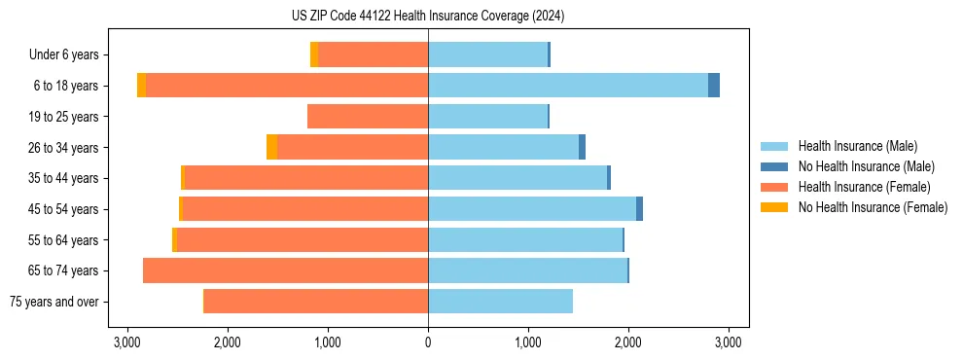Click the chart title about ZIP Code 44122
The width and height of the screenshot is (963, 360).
point(427,17)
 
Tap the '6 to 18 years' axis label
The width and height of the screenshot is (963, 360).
point(65,86)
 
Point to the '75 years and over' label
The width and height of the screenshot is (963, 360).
point(54,302)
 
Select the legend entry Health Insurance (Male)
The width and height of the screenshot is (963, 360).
point(857,146)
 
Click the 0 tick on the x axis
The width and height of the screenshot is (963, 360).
point(428,342)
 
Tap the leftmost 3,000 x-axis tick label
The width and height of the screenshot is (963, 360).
point(126,342)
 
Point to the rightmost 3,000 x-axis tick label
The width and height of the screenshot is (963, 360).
point(729,342)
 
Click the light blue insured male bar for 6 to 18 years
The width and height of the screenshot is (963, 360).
point(568,86)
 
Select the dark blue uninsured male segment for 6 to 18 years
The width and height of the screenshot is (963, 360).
point(714,86)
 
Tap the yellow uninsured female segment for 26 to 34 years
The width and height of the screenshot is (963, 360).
point(271,147)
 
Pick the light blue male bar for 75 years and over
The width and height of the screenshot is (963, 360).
point(500,302)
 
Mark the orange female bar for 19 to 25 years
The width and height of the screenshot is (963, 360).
point(368,117)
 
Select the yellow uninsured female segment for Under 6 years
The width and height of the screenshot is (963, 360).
point(314,55)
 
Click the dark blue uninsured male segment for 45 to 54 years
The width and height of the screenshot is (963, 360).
point(640,209)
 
